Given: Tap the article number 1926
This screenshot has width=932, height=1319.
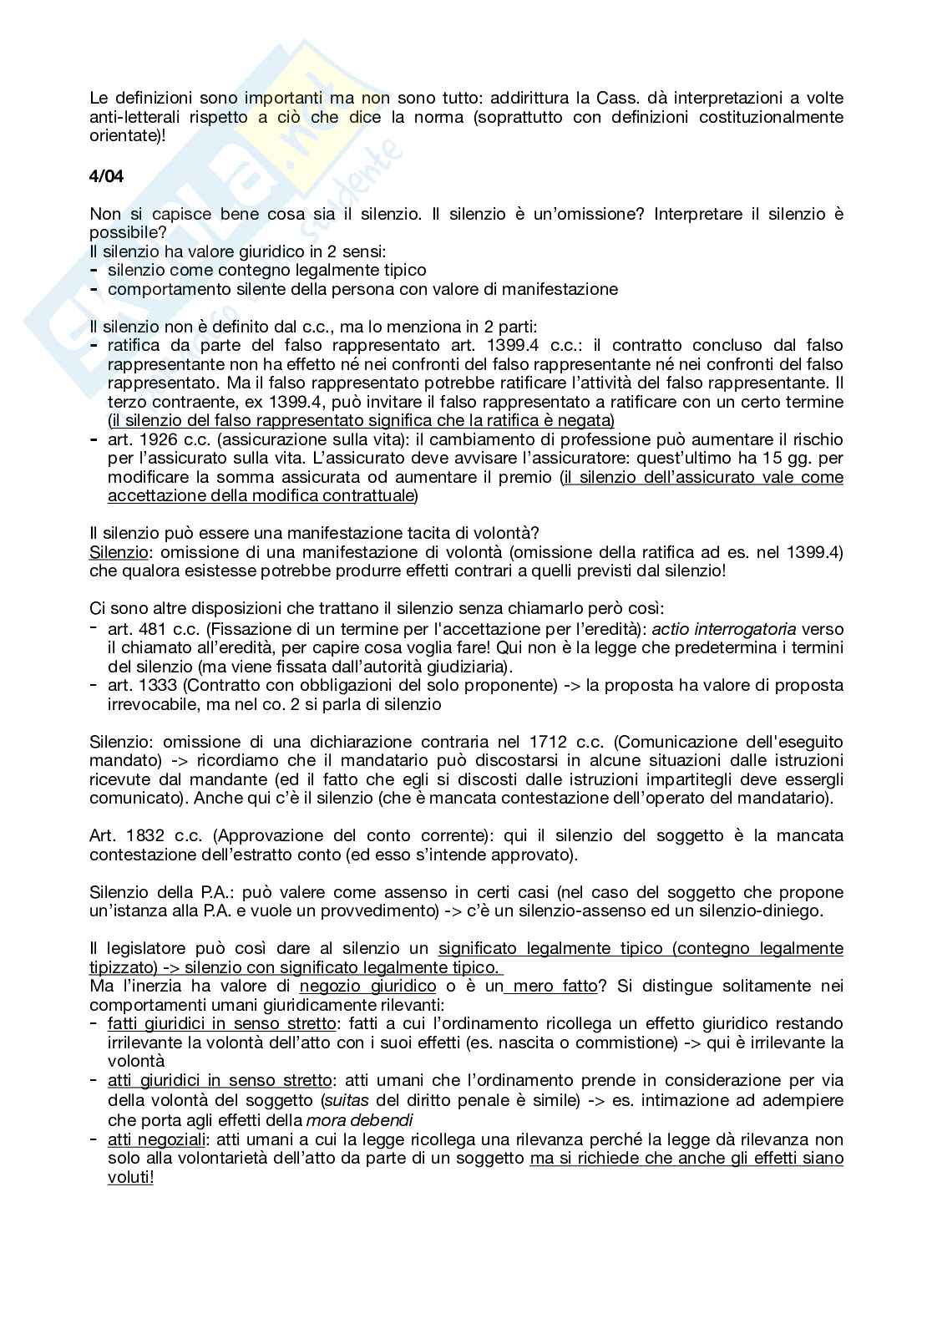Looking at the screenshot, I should (x=155, y=439).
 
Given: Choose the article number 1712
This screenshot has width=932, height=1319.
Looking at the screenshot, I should (x=549, y=742).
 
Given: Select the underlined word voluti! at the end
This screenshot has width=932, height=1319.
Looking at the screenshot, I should (x=131, y=1177).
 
